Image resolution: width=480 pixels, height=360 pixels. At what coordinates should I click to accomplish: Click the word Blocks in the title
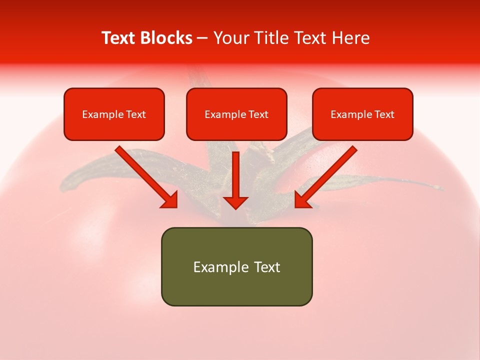tap(166, 38)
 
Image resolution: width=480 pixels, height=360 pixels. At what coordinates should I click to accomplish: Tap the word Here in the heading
tap(349, 38)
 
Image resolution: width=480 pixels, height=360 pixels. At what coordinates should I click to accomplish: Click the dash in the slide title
tap(202, 38)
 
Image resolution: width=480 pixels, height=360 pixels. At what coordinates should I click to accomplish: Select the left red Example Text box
tap(114, 114)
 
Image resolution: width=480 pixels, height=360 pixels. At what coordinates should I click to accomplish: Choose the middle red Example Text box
tap(236, 114)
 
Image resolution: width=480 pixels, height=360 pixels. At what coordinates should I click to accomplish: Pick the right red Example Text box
tap(362, 114)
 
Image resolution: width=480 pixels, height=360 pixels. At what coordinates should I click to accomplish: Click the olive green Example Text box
tap(236, 266)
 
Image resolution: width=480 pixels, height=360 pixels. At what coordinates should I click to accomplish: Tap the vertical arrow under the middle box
tap(235, 175)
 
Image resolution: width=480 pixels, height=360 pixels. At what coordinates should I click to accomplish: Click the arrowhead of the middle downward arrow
tap(235, 202)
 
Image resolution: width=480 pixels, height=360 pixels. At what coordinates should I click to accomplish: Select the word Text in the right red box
tap(384, 114)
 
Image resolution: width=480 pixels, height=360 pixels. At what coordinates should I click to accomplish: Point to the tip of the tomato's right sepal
tap(440, 188)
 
